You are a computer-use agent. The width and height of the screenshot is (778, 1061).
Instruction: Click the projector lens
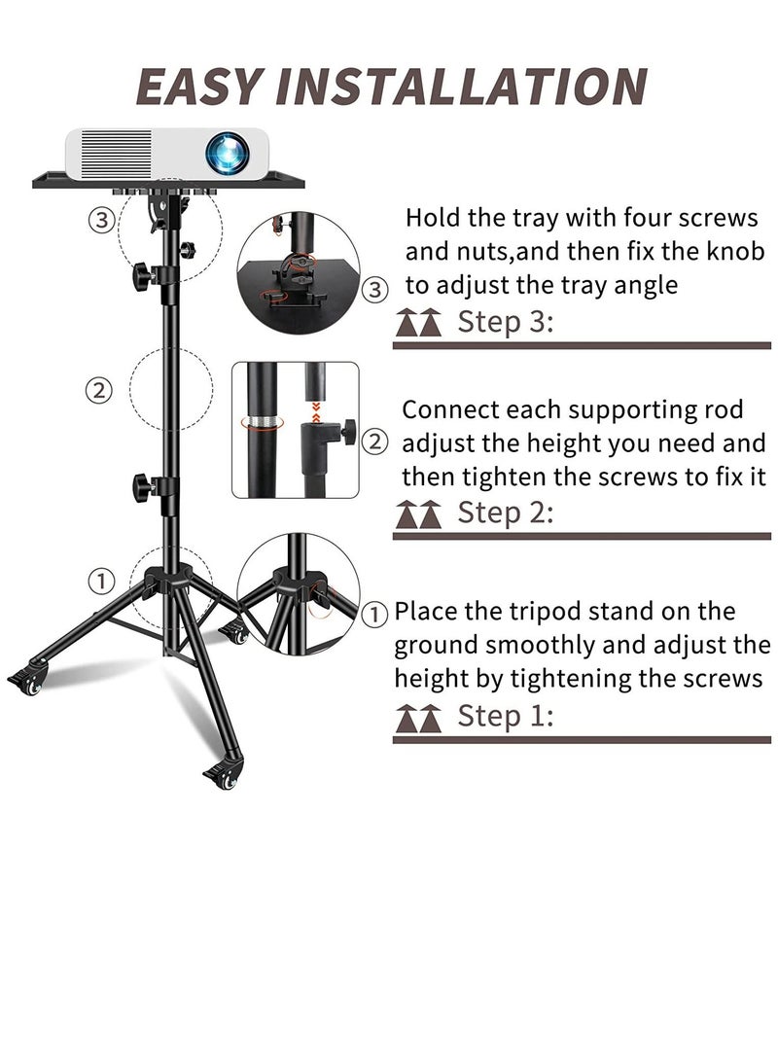(x=226, y=153)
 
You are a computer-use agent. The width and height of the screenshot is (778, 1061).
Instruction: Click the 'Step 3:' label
(x=505, y=322)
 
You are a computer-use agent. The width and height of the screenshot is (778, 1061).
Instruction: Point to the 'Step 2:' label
(x=505, y=512)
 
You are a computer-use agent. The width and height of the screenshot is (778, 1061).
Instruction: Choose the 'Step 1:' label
(x=505, y=717)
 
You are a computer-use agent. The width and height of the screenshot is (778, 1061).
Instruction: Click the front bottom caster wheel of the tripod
(x=223, y=777)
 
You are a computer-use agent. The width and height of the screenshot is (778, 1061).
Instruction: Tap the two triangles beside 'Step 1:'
(x=418, y=719)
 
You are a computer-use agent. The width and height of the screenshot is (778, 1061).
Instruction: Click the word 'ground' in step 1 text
(x=436, y=646)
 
